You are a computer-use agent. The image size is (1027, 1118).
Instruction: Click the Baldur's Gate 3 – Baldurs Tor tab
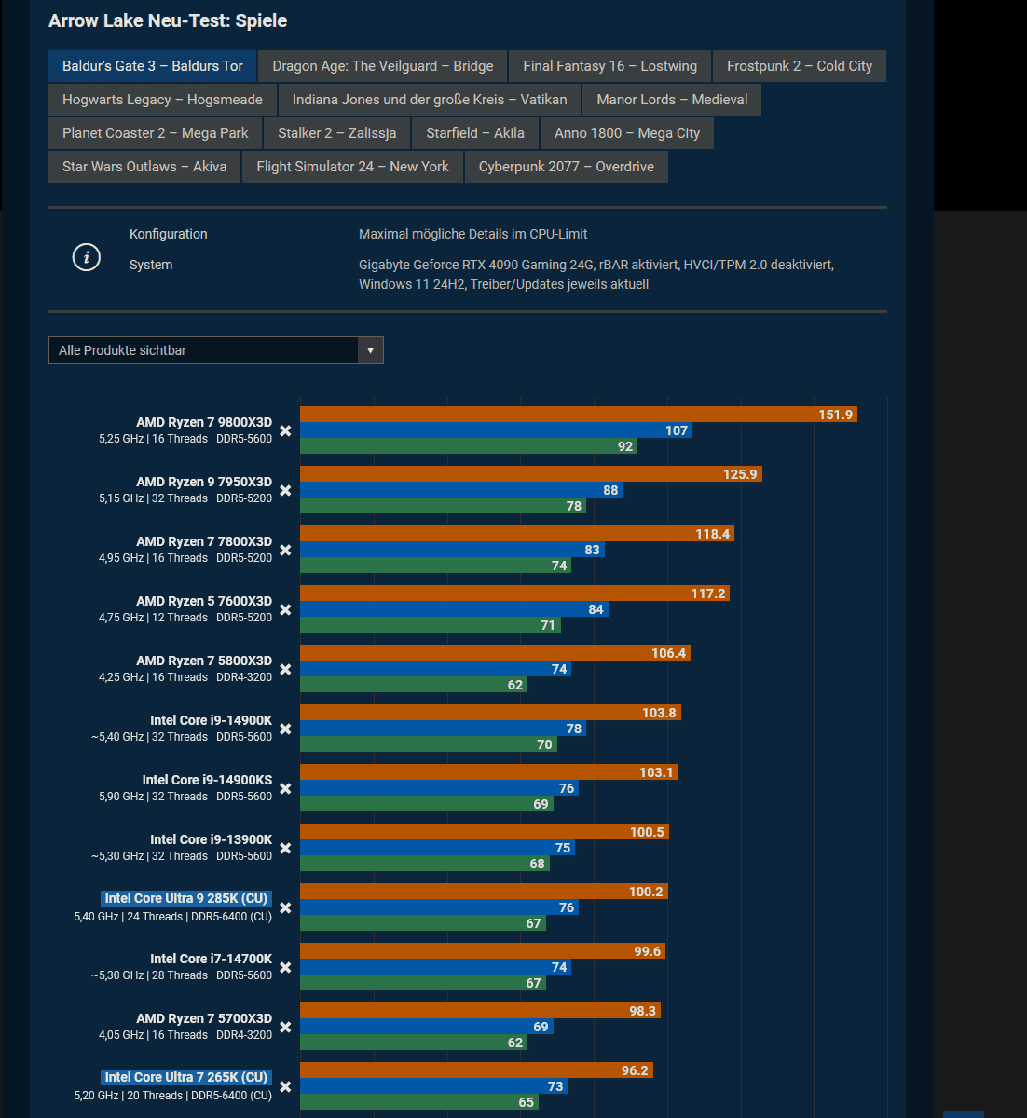[x=153, y=66]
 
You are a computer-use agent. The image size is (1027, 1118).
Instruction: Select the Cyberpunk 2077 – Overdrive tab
[x=566, y=167]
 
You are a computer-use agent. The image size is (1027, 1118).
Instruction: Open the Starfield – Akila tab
[x=475, y=133]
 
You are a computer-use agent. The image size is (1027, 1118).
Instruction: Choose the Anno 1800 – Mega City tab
[x=626, y=133]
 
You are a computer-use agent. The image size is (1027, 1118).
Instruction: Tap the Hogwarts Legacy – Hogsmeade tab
[x=162, y=100]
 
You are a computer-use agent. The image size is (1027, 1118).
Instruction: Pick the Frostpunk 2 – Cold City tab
[x=799, y=66]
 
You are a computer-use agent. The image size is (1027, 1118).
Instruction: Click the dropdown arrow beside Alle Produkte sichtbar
[x=370, y=350]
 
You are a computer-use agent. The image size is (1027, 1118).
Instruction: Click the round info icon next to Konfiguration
[x=87, y=257]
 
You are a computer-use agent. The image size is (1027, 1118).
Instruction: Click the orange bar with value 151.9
[x=578, y=415]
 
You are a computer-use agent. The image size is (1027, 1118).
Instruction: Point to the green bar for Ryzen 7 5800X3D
[x=414, y=685]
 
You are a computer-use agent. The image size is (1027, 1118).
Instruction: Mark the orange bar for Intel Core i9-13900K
[x=485, y=832]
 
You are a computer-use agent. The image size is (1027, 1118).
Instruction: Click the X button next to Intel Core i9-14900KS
[x=285, y=788]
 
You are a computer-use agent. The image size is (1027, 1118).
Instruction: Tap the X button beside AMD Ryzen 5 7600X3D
[x=285, y=609]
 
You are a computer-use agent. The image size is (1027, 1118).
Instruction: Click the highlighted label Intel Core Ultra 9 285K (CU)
[x=186, y=898]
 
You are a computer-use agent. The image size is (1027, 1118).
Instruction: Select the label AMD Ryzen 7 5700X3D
[x=204, y=1018]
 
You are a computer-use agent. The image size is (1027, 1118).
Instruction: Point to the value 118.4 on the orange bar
[x=712, y=534]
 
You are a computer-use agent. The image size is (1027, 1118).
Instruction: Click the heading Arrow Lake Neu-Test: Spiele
[x=168, y=20]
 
